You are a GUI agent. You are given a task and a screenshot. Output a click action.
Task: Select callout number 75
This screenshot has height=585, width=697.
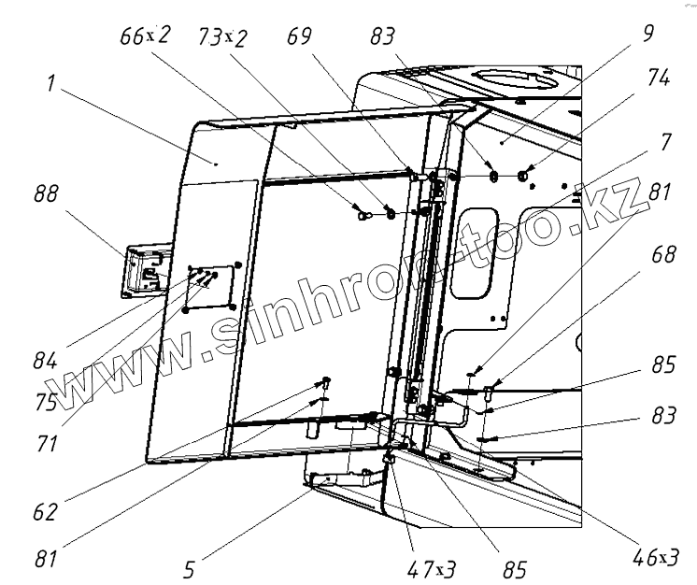(x=46, y=404)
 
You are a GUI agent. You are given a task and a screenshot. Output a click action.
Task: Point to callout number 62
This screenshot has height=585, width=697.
(x=46, y=512)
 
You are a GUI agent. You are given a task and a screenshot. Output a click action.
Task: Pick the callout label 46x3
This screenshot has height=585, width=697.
(x=655, y=558)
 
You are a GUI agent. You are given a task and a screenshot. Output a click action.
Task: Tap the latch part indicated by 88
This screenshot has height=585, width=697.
(x=143, y=271)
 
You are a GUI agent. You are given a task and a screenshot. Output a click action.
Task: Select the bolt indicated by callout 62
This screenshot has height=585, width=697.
(x=327, y=381)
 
